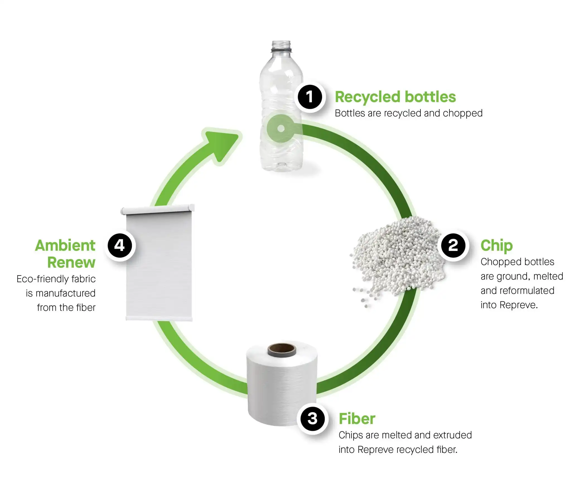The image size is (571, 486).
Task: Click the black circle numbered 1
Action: pos(309,97)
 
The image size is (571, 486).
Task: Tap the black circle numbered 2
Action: pos(453,246)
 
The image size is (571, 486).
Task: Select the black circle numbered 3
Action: pos(312,419)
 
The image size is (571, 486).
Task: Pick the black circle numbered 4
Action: pos(120,246)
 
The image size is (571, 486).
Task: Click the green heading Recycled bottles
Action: pos(395,97)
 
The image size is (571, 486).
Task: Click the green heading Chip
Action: pos(496,246)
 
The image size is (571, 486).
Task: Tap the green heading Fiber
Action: pos(357,419)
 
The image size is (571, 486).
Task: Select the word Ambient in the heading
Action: pos(65,246)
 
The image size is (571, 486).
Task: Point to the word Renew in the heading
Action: pos(71,262)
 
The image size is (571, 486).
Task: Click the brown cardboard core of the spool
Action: pos(282,349)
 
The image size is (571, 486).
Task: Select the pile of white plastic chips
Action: pos(396,257)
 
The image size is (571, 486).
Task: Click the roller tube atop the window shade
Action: pos(158,209)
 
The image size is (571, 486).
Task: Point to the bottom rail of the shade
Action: pos(159,318)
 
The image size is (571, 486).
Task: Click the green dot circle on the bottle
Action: pos(281,129)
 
